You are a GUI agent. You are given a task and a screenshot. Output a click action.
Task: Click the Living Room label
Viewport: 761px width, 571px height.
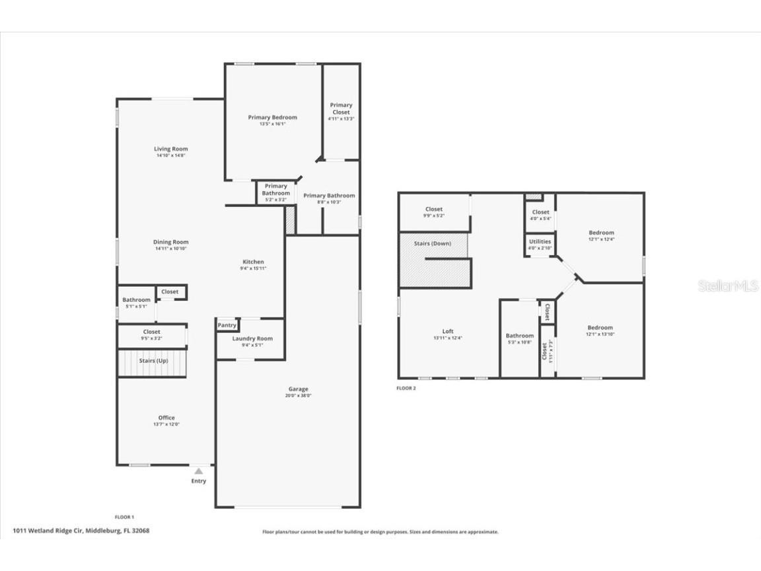point(171,149)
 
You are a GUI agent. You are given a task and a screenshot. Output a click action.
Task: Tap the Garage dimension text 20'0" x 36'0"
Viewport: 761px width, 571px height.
point(298,396)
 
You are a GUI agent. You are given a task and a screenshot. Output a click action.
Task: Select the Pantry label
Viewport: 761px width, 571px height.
point(227,325)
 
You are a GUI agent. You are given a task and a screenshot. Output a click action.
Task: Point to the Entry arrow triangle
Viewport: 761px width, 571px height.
point(198,471)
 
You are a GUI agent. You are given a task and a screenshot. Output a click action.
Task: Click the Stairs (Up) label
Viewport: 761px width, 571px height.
point(152,361)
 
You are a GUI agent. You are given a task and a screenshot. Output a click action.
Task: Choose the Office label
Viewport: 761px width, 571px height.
point(166,418)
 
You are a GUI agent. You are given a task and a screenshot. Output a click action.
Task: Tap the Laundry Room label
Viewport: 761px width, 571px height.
point(252,338)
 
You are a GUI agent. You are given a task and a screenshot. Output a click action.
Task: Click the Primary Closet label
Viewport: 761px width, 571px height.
point(341,108)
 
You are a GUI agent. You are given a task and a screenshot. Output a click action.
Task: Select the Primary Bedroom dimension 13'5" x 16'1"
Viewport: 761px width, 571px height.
point(272,124)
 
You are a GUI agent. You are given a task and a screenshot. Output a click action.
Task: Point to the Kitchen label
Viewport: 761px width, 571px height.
point(253,262)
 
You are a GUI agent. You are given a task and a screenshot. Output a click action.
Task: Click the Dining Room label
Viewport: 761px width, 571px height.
point(171,243)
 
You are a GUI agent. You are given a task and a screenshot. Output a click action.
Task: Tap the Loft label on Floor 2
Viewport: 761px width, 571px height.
point(448,332)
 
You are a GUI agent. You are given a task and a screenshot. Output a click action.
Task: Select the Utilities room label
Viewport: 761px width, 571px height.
point(540,242)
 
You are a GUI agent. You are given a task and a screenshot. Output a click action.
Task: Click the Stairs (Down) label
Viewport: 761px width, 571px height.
point(433,244)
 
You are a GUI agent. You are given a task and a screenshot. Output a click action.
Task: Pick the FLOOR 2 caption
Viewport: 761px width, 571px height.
point(406,389)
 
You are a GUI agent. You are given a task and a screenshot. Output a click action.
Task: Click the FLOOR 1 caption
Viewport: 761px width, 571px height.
point(124,517)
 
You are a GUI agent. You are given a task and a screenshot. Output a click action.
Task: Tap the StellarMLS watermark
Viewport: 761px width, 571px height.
point(729,286)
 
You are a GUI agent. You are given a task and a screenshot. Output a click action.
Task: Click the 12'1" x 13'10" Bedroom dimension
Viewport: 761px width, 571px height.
point(600,334)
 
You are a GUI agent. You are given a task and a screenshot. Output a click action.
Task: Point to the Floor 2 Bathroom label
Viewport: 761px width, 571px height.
point(519,336)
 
